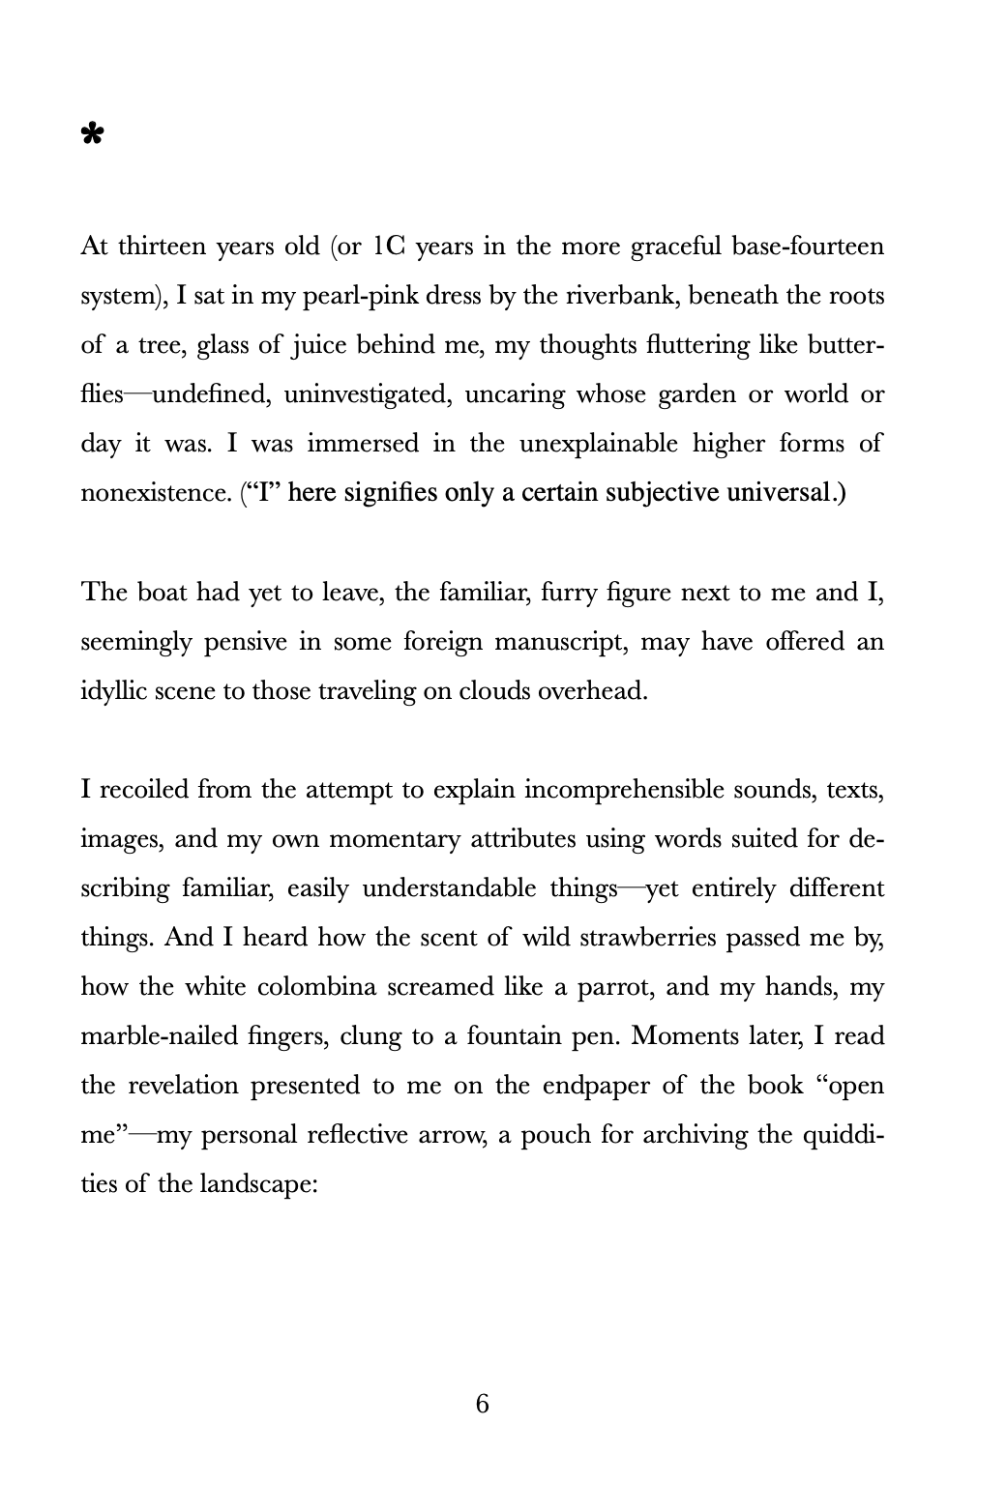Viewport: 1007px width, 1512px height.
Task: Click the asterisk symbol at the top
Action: [92, 134]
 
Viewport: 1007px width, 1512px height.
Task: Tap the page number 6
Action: [483, 1403]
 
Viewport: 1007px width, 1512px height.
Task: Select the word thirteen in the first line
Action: [162, 247]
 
